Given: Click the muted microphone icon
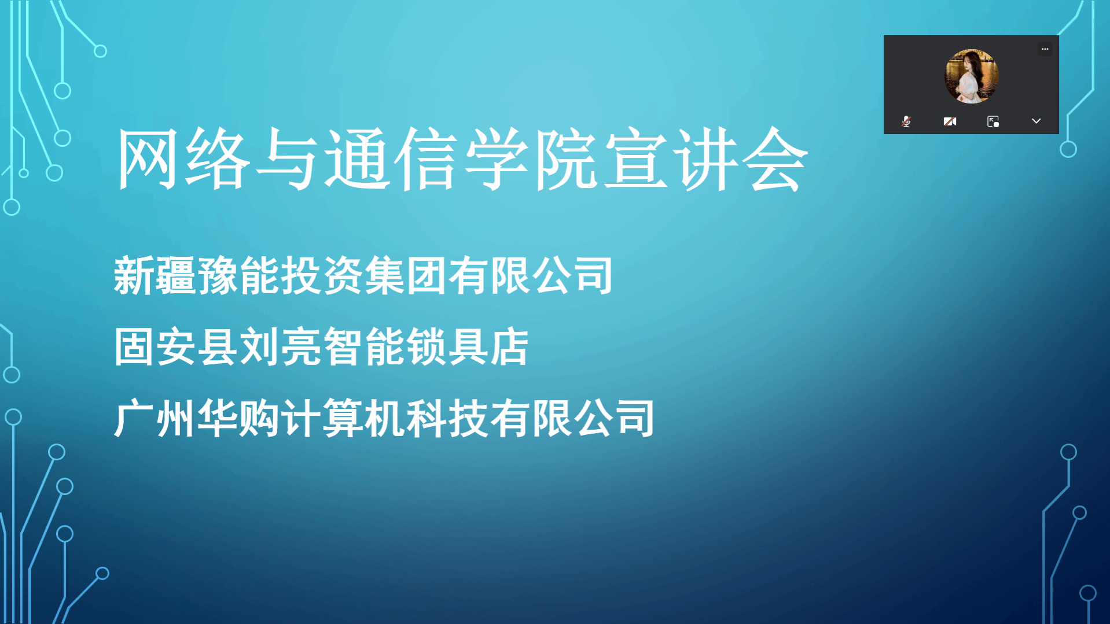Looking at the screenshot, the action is [906, 121].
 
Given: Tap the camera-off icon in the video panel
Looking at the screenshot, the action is [950, 121].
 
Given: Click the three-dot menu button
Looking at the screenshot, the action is [1045, 49].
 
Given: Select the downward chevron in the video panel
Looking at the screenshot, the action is [1036, 121].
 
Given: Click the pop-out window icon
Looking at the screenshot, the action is [993, 121].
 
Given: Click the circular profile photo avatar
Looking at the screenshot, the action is [972, 76].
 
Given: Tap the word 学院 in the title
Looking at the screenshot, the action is [531, 159].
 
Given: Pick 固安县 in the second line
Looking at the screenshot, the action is [176, 347].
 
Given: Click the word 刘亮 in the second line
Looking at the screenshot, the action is [280, 347].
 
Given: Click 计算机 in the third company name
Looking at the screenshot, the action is [343, 418].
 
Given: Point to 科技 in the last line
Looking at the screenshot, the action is [447, 418].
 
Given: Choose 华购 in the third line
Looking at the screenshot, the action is [238, 418].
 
